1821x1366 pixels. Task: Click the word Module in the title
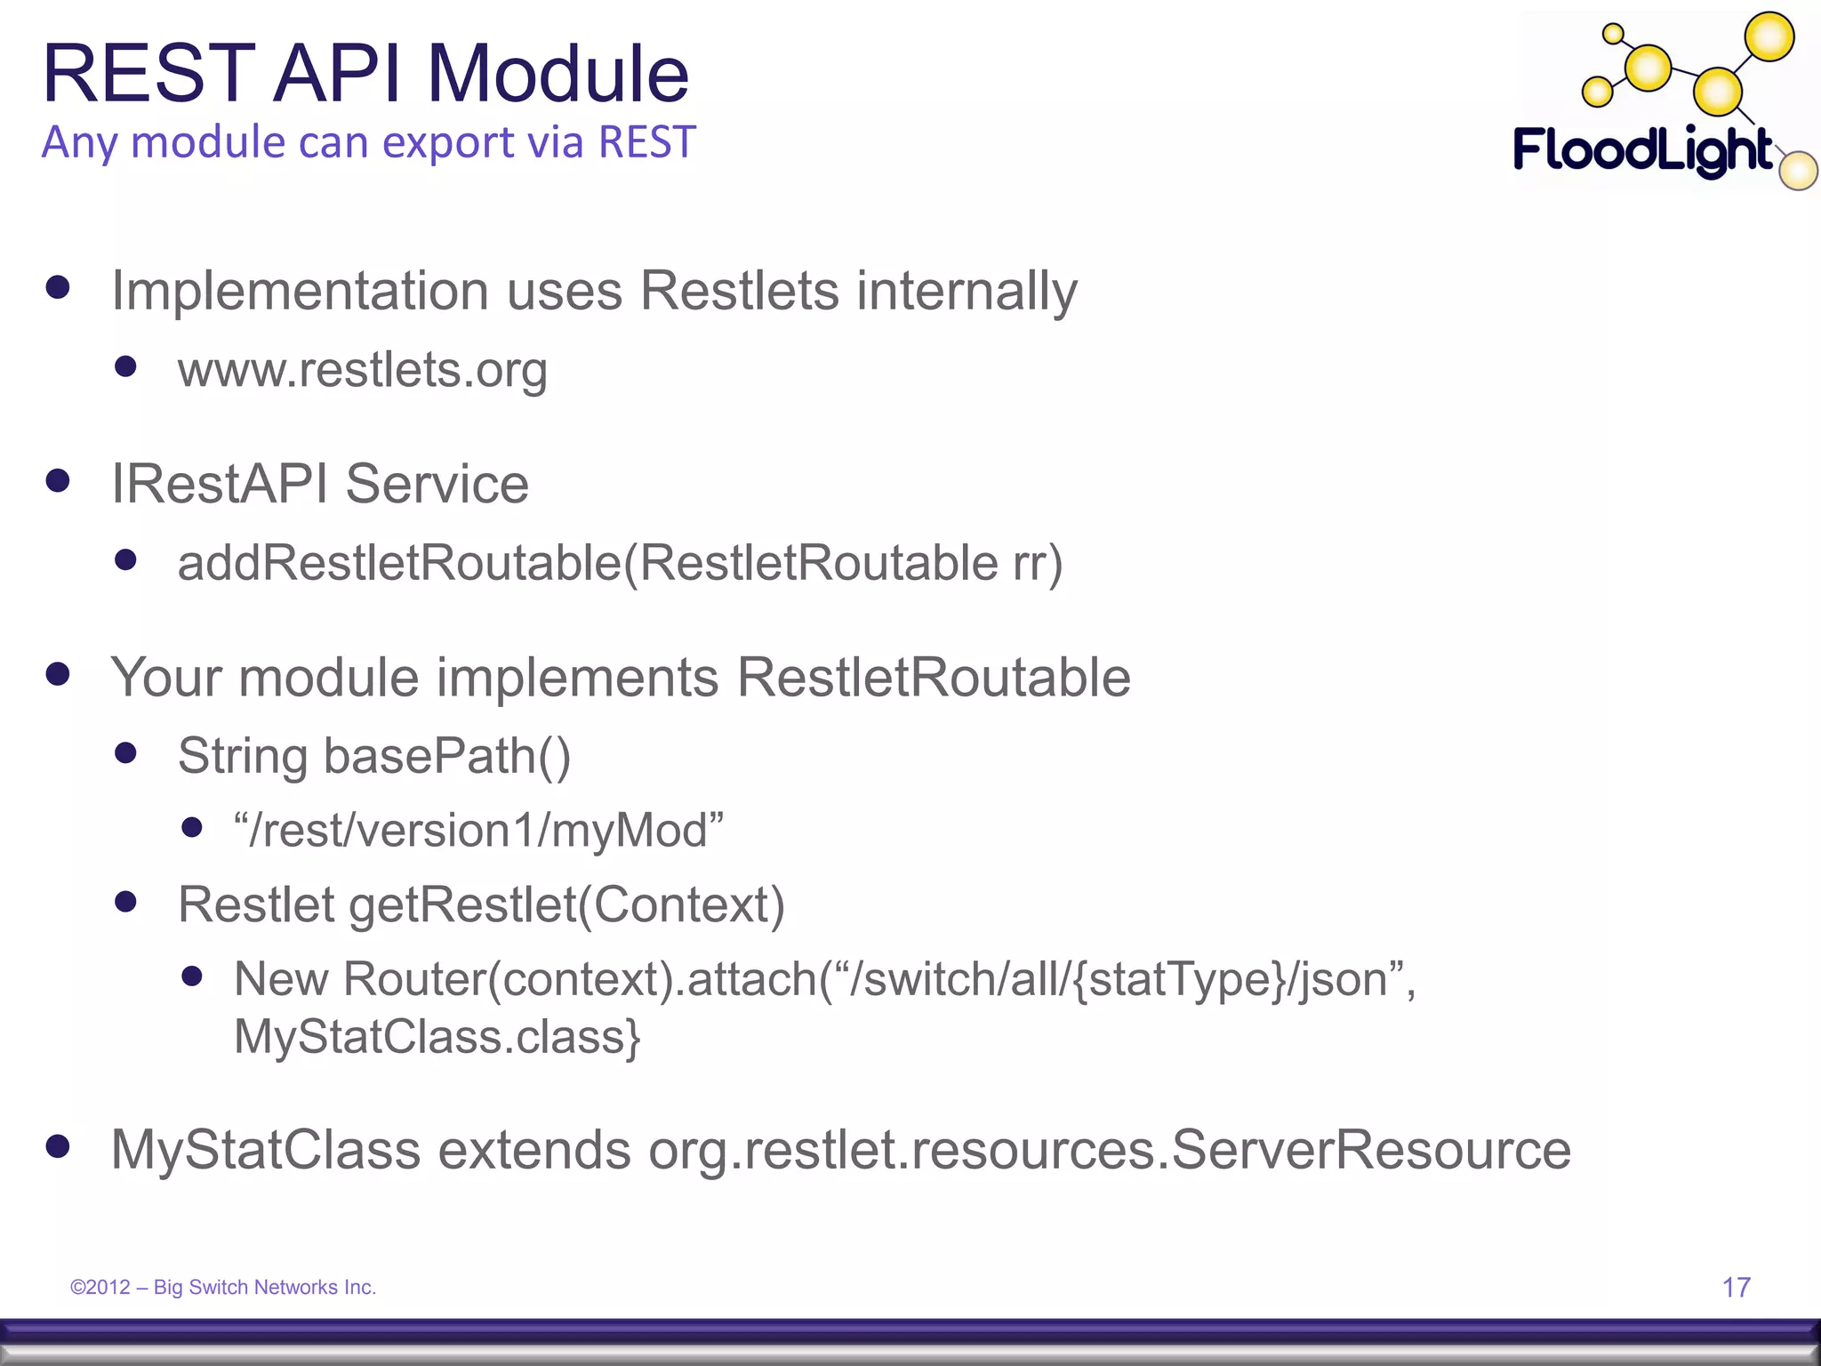point(558,74)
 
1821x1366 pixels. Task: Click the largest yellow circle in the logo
point(1769,37)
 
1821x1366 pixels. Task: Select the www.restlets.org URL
point(362,370)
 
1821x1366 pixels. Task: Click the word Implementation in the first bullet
point(300,292)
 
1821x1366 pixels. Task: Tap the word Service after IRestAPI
point(437,485)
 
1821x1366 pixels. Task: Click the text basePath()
point(446,757)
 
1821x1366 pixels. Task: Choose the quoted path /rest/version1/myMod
point(478,831)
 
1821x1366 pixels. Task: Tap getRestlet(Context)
point(566,905)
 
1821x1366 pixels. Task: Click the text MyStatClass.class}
point(437,1037)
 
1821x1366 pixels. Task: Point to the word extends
point(533,1150)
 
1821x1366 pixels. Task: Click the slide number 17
point(1736,1287)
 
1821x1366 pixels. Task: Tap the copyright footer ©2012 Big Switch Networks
point(223,1287)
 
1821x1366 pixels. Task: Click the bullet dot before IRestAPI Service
point(58,481)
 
